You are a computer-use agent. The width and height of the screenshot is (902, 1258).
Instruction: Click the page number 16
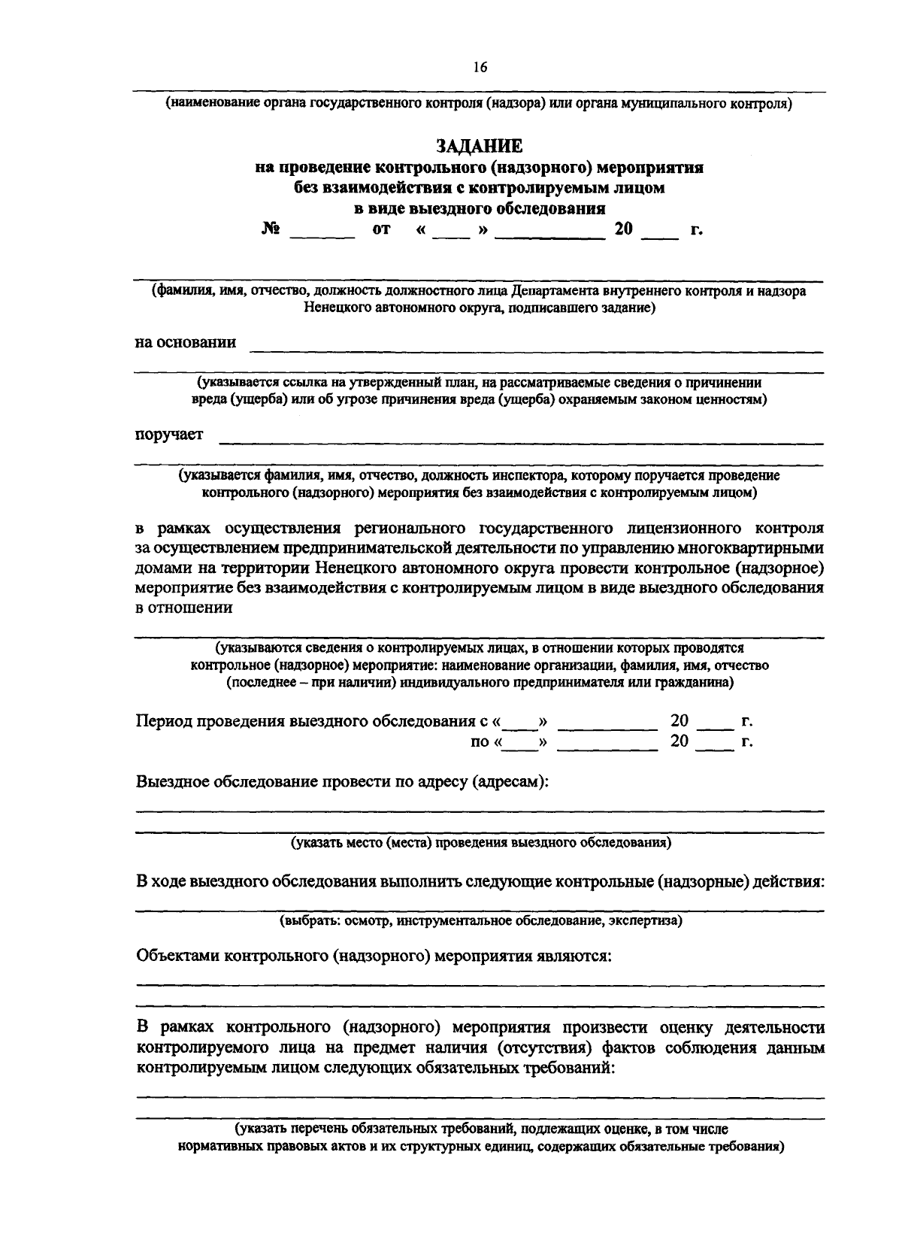point(480,68)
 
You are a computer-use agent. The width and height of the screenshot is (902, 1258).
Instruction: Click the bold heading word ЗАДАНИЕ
point(479,145)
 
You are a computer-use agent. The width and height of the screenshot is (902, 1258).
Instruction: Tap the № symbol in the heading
point(271,229)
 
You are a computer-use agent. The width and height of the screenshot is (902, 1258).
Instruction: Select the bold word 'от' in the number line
point(382,230)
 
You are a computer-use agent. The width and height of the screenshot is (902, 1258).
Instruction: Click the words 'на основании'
point(185,343)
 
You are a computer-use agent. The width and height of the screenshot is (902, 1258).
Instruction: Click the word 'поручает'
point(168,435)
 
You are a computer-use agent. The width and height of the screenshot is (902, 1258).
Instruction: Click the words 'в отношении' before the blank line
point(183,608)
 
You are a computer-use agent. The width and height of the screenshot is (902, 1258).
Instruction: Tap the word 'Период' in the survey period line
point(163,721)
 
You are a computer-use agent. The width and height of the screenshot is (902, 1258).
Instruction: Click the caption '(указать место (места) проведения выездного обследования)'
point(481,843)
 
